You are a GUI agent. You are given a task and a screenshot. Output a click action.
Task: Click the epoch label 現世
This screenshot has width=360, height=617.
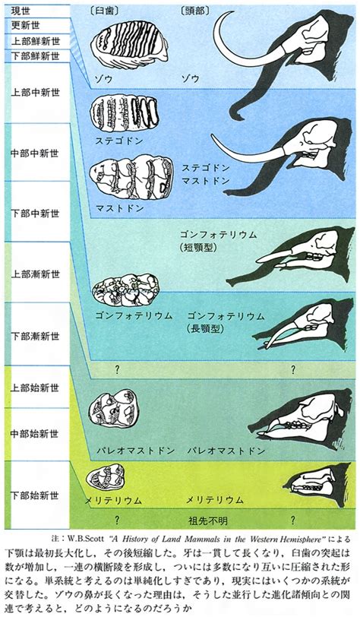[x=21, y=10]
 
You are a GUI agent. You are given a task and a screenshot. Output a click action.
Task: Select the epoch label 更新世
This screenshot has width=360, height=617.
[x=26, y=27]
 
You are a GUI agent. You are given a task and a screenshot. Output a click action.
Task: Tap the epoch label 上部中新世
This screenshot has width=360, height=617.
[x=36, y=93]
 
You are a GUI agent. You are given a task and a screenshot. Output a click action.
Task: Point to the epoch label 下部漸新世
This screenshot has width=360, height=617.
[x=36, y=337]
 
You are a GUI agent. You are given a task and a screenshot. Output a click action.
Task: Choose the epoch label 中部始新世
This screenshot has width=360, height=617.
[x=35, y=433]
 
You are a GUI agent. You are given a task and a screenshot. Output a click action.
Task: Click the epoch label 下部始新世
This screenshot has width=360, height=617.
[x=35, y=495]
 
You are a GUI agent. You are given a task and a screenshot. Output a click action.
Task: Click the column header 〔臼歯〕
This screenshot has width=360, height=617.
[x=104, y=11]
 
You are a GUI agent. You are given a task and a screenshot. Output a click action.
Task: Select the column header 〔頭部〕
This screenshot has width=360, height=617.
[x=194, y=11]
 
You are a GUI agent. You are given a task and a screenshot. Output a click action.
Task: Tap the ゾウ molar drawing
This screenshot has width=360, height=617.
[x=129, y=45]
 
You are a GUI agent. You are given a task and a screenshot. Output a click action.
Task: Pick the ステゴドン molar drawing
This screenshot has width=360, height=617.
[x=124, y=112]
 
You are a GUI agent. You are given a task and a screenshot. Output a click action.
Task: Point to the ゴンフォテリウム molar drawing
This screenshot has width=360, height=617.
[x=125, y=290]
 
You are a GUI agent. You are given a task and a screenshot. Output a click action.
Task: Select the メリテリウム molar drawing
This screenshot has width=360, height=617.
[x=106, y=478]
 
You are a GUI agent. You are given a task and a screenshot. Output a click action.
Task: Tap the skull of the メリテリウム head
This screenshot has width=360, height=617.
[x=314, y=481]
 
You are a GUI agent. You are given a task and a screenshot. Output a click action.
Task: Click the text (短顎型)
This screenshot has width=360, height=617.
[x=199, y=248]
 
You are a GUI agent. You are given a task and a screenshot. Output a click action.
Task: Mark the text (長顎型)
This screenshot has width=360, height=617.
[x=205, y=329]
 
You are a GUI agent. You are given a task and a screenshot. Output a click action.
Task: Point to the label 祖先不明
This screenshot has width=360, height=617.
[x=208, y=521]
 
